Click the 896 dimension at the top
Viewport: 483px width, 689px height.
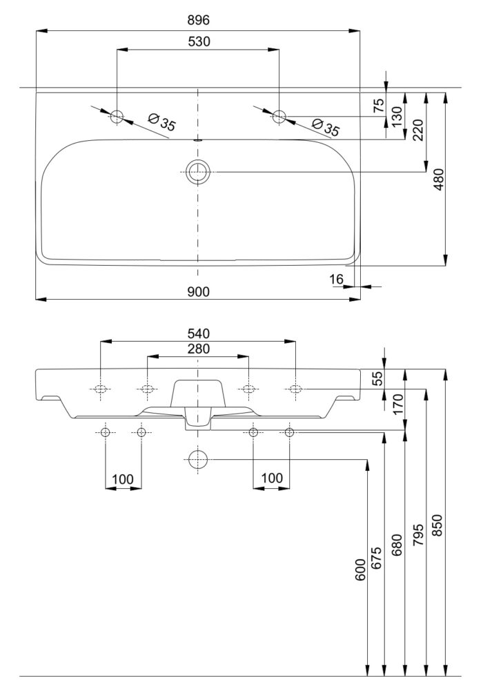(199, 20)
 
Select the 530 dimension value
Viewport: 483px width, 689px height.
(199, 41)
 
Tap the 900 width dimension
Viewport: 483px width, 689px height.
(199, 292)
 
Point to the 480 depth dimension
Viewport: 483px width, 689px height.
(439, 179)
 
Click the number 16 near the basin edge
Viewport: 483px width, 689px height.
(336, 279)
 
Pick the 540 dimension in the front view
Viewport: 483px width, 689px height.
(199, 333)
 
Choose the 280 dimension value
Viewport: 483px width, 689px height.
(199, 349)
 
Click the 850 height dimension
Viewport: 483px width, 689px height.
(437, 525)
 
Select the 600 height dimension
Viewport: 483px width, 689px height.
(360, 570)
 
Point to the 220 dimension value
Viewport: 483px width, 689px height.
(418, 130)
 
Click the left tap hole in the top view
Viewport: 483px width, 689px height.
(117, 117)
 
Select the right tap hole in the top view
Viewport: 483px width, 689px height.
(279, 117)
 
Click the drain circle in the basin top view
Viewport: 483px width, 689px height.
(198, 172)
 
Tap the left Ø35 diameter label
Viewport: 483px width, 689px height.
(161, 122)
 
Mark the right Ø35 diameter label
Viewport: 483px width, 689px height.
(326, 127)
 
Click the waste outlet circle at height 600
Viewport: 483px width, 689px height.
(197, 460)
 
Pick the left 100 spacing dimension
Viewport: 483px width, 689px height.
(123, 479)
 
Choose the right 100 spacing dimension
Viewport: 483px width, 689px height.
(272, 478)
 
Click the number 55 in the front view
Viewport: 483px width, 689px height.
(378, 378)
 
